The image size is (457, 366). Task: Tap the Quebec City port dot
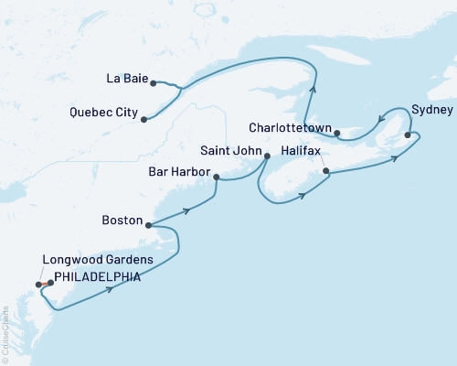point(143,118)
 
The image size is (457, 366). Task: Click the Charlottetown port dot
point(337,134)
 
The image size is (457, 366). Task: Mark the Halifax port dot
point(325,170)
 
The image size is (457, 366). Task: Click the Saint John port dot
point(266,156)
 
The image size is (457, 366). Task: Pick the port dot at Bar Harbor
point(216,178)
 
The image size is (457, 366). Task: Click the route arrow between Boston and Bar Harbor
point(186,210)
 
